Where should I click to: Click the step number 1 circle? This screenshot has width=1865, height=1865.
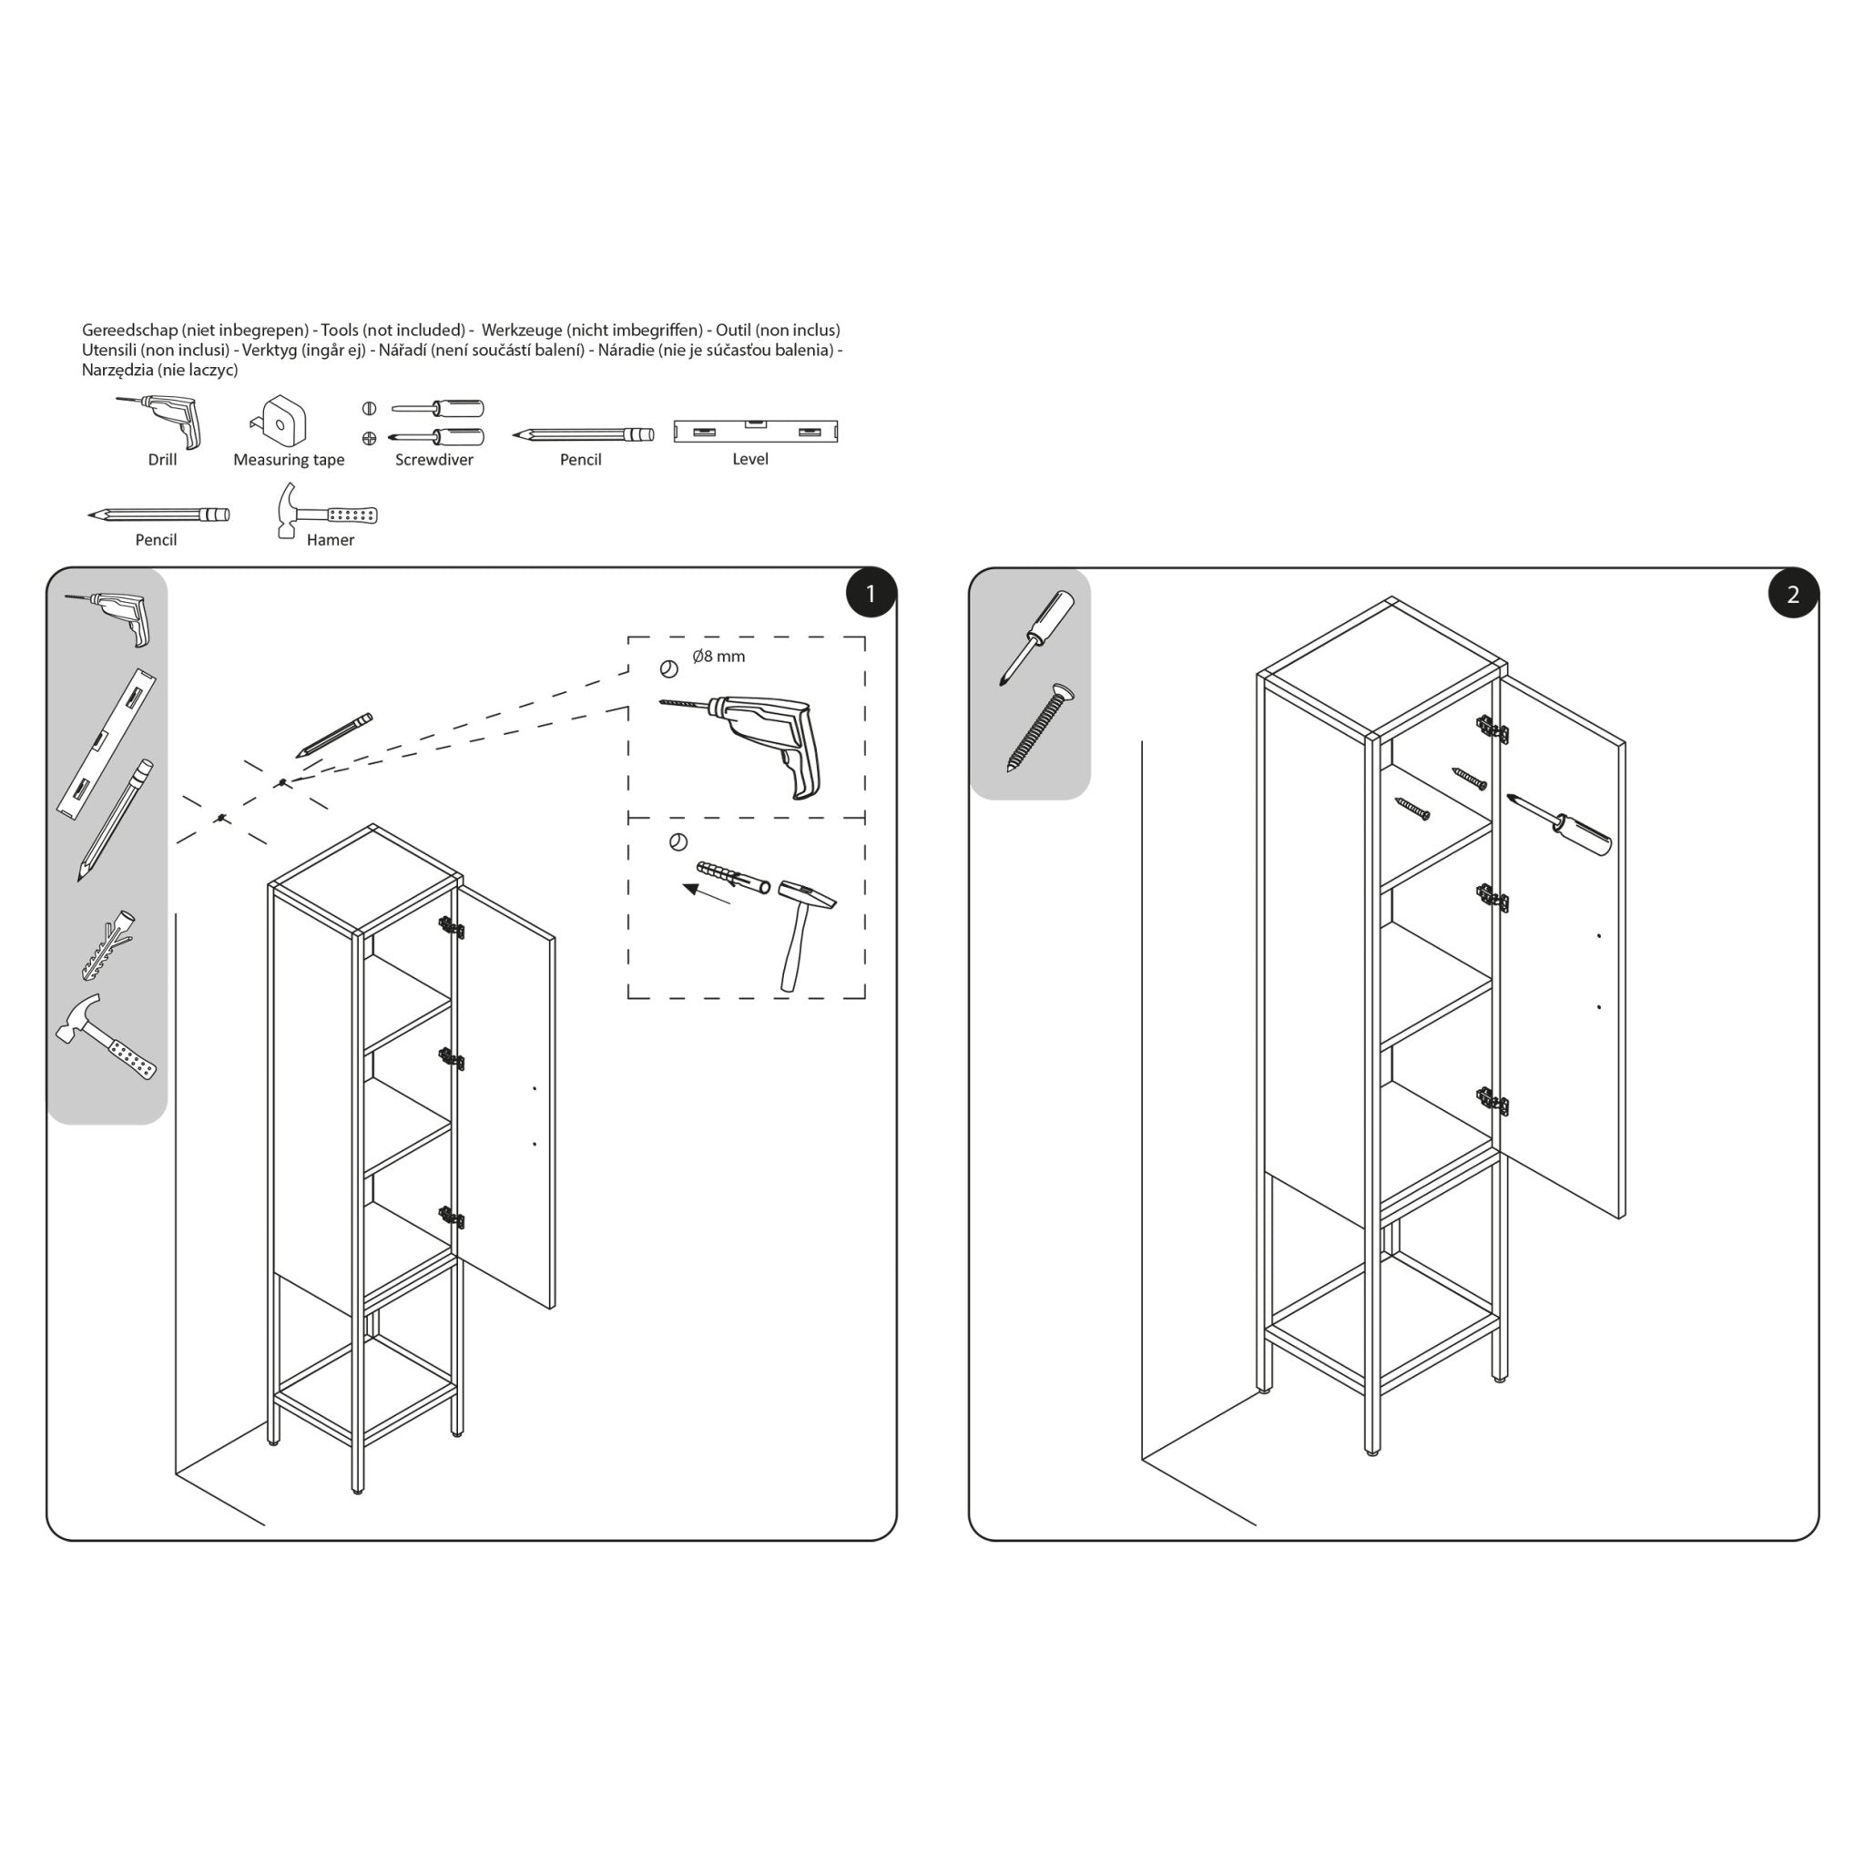click(870, 594)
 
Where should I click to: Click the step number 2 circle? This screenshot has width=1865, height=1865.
click(1792, 594)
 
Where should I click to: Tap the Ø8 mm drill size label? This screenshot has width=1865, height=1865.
click(718, 657)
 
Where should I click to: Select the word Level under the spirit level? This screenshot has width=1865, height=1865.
click(750, 459)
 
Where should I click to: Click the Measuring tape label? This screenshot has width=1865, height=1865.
click(289, 460)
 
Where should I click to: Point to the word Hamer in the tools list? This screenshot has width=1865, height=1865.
click(331, 540)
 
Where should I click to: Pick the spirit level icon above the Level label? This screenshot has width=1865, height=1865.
click(755, 431)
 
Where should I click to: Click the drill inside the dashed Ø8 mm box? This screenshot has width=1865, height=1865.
click(762, 739)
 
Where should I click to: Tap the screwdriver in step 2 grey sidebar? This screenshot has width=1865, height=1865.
click(1038, 637)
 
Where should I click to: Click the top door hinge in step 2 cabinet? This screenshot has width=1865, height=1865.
click(1491, 729)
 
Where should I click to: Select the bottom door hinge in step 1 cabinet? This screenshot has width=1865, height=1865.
click(451, 1218)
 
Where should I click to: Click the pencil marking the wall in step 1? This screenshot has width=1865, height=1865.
click(334, 735)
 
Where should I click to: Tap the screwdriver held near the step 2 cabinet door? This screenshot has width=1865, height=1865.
click(1560, 826)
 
